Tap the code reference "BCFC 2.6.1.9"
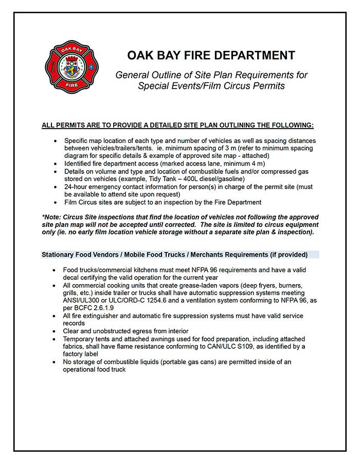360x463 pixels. (91, 308)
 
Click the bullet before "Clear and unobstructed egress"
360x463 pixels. (55, 331)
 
